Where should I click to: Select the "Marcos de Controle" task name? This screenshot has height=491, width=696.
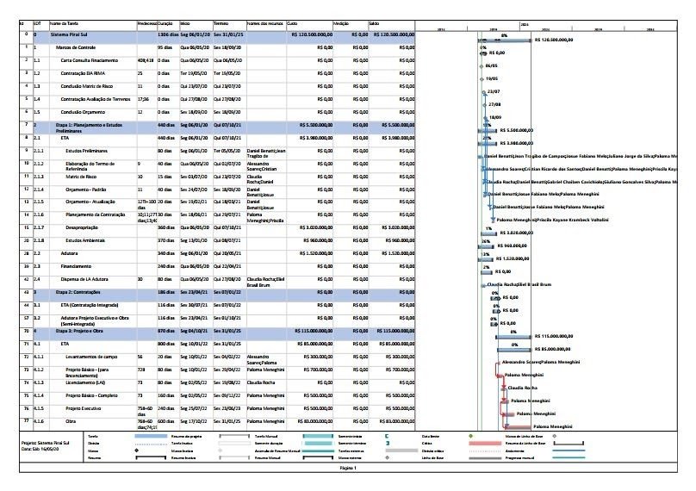coord(75,47)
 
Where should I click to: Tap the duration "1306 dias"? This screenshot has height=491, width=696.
coord(167,35)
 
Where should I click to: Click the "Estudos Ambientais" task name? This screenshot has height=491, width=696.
coord(84,240)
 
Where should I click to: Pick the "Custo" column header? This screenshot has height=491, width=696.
coord(293,24)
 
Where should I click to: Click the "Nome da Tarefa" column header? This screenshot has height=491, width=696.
coord(67,24)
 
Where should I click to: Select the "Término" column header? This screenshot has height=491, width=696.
coord(221,24)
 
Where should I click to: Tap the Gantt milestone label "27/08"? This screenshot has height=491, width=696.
coord(494,104)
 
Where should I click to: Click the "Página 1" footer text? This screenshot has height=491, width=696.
coord(348,469)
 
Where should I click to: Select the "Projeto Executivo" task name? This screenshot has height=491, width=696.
coord(84,408)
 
